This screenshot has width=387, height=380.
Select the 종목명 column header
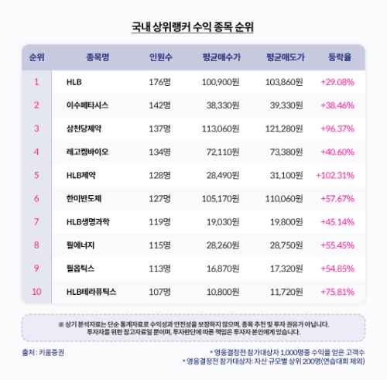pos(94,56)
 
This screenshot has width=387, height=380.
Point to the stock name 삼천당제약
pos(84,128)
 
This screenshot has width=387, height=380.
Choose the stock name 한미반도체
pos(84,198)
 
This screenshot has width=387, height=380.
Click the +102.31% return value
pos(337,175)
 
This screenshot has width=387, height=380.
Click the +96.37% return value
pos(340,128)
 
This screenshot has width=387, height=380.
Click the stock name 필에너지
pos(80,245)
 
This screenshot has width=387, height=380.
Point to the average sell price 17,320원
pos(288,269)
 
